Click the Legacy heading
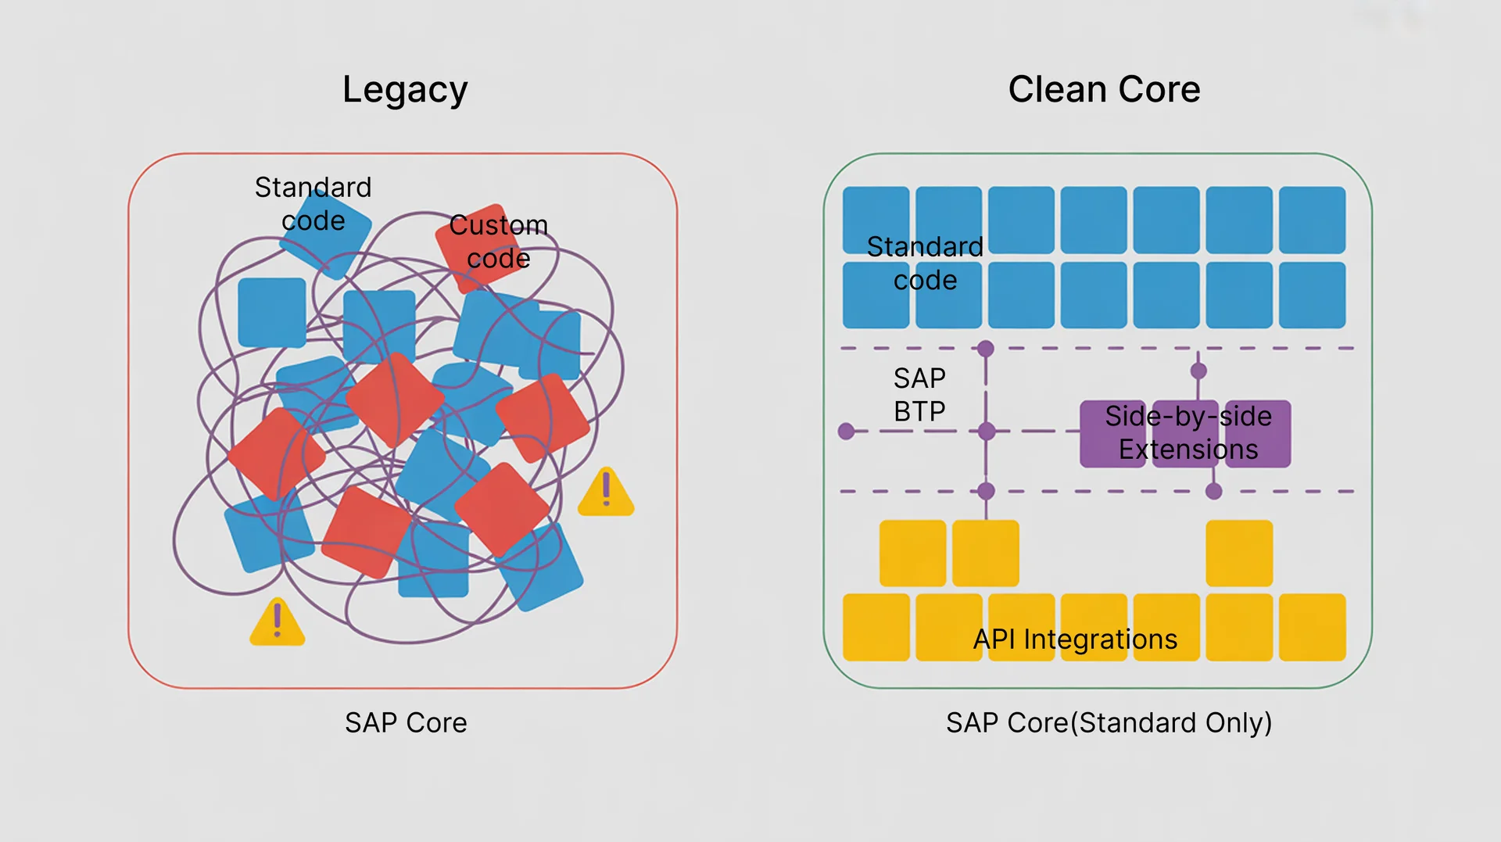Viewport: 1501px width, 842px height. pos(405,90)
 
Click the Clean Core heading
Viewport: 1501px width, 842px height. pos(1103,89)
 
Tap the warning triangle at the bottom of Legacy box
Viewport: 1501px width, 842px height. pos(277,623)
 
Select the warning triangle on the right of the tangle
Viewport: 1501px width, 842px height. pos(606,493)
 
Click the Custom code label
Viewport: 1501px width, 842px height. pos(498,242)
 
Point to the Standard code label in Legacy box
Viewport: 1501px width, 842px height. pos(313,204)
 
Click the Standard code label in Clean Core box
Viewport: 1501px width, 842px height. pos(925,263)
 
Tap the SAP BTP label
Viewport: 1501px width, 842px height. pos(919,395)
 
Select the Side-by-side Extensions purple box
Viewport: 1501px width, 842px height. pos(1185,434)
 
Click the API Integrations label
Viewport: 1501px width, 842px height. pos(1075,640)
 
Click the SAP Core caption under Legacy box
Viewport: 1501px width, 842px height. pos(406,723)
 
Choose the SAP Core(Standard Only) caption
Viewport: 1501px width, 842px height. pos(1109,723)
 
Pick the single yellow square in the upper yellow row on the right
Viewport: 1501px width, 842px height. pos(1239,554)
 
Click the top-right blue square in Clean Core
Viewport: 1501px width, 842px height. pos(1312,220)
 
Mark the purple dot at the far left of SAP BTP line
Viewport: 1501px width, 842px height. pos(846,431)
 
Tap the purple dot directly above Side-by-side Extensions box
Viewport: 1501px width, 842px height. pos(1198,371)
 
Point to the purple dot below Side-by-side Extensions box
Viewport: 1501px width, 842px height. pos(1213,491)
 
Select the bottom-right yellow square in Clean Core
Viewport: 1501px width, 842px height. pos(1312,627)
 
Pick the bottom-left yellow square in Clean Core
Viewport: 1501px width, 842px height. pos(876,627)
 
